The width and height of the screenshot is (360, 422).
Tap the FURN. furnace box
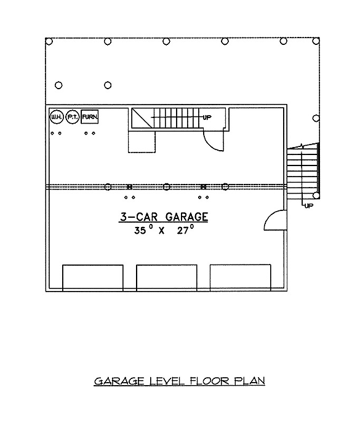[90, 117]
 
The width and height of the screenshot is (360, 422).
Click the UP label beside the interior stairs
[207, 117]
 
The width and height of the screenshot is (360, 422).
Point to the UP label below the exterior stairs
[309, 206]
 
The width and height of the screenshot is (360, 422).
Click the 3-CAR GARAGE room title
[164, 217]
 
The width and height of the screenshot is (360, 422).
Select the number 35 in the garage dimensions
[140, 231]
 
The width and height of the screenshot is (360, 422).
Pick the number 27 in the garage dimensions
[183, 231]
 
